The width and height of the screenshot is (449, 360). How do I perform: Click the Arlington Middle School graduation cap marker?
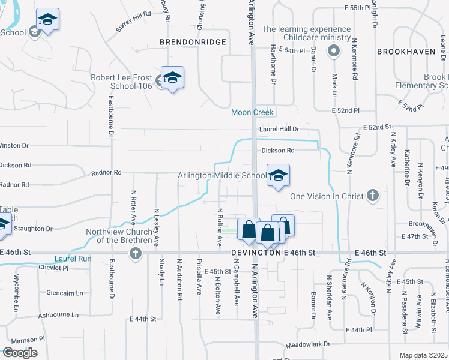pos(278,176)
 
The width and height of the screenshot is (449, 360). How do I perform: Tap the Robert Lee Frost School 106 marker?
pos(172,78)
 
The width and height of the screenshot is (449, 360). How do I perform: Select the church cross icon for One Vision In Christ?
pos(373,196)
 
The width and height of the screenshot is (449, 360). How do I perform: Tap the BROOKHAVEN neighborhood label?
pos(405,52)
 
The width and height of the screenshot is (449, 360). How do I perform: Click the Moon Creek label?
pos(253,112)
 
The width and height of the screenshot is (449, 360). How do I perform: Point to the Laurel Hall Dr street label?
pos(279,129)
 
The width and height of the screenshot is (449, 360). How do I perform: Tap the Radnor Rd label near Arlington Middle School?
pos(106,173)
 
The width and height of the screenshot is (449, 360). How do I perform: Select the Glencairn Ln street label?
pos(64,293)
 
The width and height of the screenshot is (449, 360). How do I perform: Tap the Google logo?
pos(20,353)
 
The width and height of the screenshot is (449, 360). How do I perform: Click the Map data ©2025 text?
pos(423,355)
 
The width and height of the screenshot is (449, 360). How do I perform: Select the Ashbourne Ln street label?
pos(58,315)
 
